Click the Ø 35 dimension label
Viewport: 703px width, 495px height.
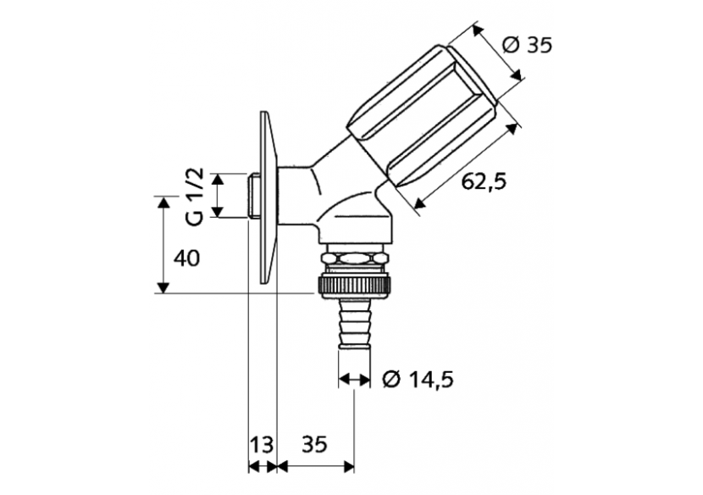[x=526, y=45]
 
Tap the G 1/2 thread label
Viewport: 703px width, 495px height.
[x=195, y=196]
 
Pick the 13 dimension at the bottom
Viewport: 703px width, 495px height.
[x=261, y=444]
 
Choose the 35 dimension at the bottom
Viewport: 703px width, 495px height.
[x=313, y=444]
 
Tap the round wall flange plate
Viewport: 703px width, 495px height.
[x=266, y=199]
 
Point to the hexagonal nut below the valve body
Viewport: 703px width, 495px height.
[x=355, y=257]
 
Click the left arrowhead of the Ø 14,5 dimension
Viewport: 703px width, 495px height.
[x=343, y=381]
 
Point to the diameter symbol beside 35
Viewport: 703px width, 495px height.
[x=510, y=45]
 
